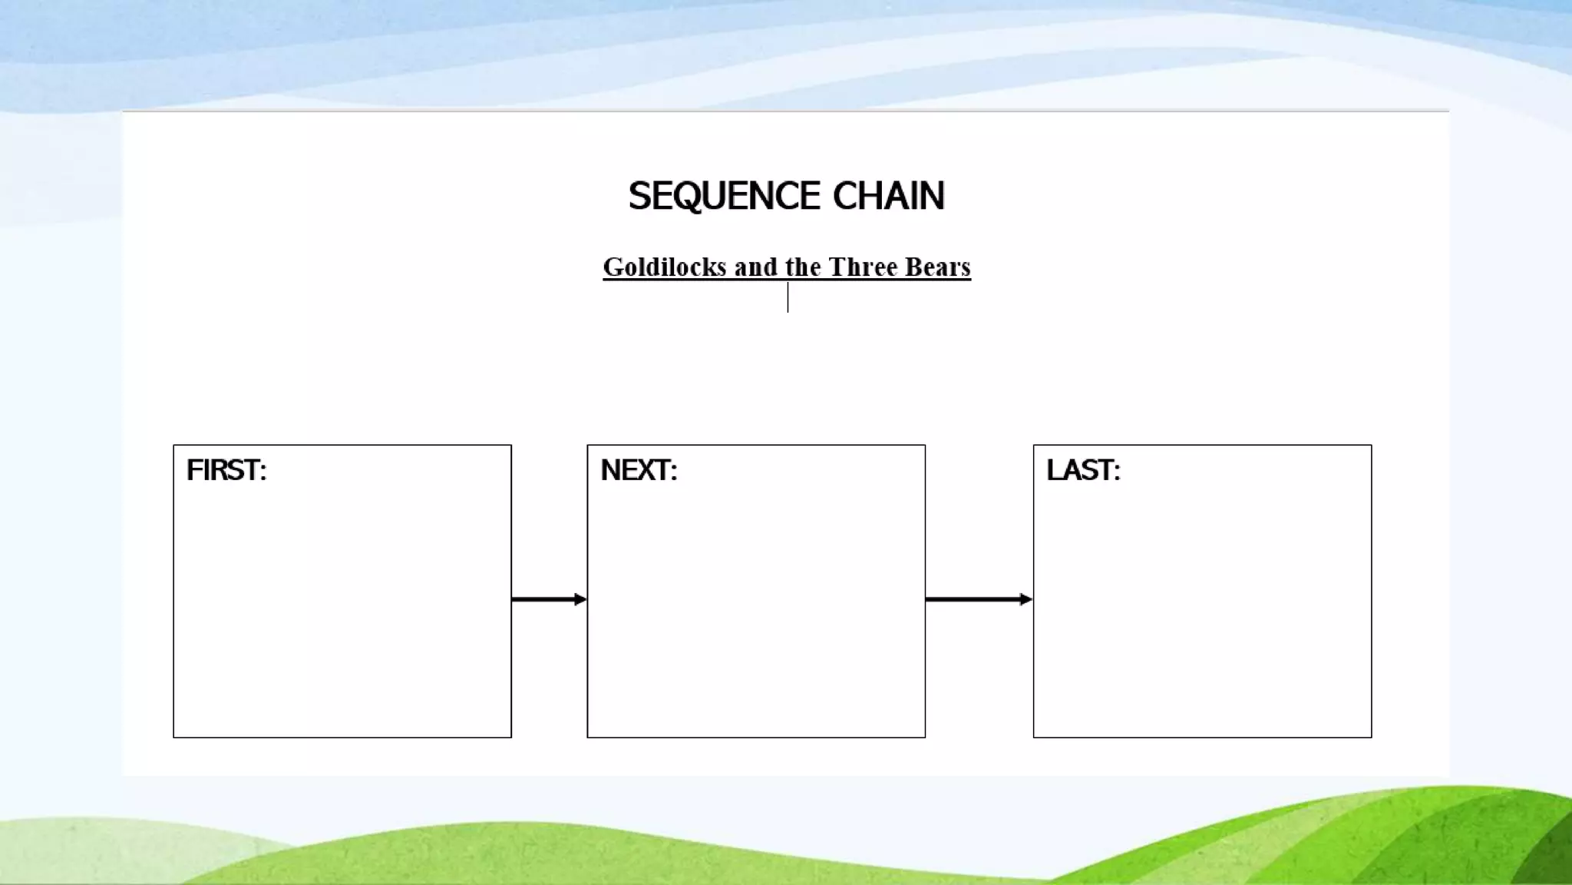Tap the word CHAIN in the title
coord(889,196)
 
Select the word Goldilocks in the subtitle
coord(664,267)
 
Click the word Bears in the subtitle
coord(937,267)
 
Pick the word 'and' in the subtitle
coord(755,267)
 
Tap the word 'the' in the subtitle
coord(803,267)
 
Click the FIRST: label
coord(226,470)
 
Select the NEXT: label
coord(639,470)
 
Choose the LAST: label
coord(1083,470)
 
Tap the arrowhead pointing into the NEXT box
coord(580,599)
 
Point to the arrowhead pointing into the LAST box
coord(1026,599)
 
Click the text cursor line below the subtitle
coord(788,298)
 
